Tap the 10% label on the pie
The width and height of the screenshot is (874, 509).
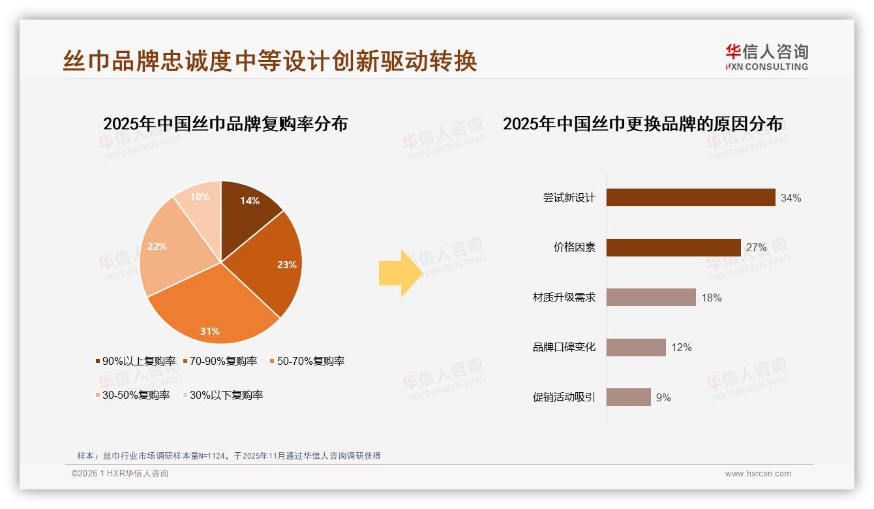click(200, 197)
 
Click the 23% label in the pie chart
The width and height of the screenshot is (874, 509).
click(286, 265)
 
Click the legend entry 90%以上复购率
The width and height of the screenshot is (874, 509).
click(135, 362)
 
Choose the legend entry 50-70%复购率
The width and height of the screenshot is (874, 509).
click(306, 362)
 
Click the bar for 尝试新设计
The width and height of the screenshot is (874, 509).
click(690, 198)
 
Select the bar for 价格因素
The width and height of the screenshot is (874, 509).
click(673, 247)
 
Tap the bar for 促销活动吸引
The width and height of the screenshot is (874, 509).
click(628, 397)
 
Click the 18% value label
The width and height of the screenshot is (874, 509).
click(711, 298)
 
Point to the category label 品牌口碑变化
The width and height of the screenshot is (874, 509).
click(564, 347)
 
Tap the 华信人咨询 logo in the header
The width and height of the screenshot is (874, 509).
click(766, 57)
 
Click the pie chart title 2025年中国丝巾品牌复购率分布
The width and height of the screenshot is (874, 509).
click(225, 124)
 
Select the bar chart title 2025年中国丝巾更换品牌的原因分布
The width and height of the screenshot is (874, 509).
click(642, 124)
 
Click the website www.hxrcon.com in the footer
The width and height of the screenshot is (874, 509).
click(758, 474)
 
